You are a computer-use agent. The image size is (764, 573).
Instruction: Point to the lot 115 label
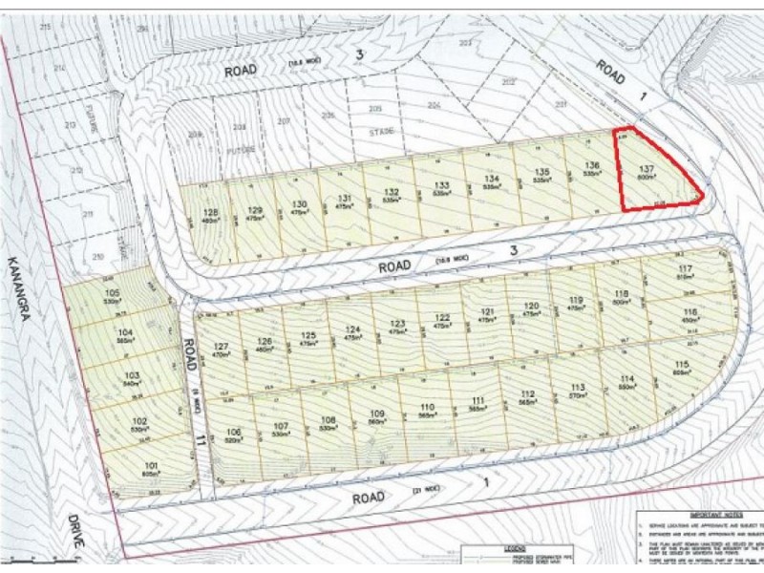[680, 367]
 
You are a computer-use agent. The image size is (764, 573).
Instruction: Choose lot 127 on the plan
[222, 348]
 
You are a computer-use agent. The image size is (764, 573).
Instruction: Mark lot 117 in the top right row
[684, 270]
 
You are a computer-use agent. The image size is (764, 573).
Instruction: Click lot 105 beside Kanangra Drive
[113, 292]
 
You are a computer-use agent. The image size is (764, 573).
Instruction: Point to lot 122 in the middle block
[441, 319]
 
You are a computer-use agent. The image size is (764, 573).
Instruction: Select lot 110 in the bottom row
[426, 409]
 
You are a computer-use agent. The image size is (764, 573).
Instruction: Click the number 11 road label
[201, 438]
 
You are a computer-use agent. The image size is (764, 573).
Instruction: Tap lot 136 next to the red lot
[591, 166]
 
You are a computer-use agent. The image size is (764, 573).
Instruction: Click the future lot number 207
[283, 121]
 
